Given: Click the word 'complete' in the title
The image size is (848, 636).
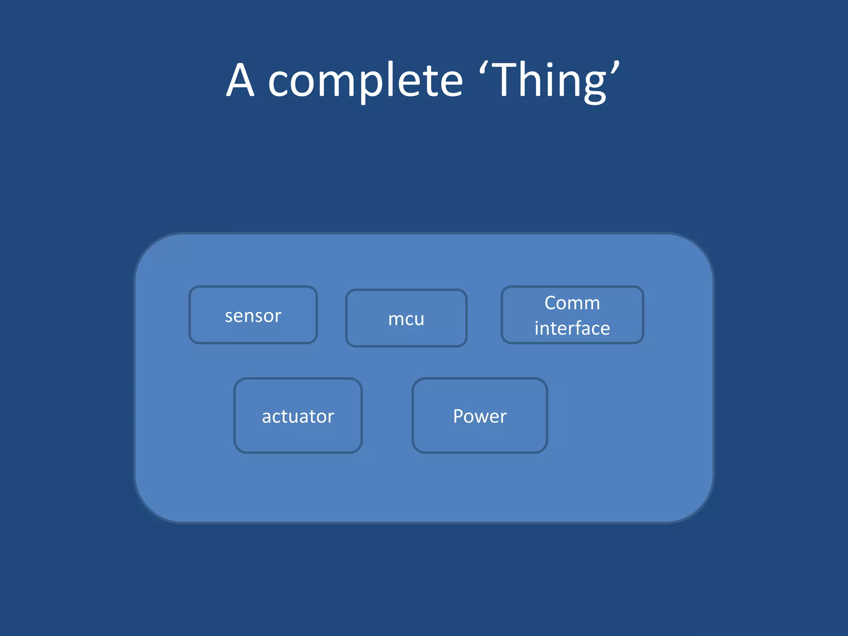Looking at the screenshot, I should pyautogui.click(x=365, y=81).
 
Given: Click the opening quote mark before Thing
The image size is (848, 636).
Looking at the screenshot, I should pyautogui.click(x=483, y=69).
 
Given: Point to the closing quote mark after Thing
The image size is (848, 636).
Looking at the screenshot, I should pyautogui.click(x=615, y=69).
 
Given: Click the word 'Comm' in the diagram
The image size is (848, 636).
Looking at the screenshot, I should pyautogui.click(x=572, y=303).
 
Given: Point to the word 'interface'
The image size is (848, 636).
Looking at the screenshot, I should pyautogui.click(x=572, y=328).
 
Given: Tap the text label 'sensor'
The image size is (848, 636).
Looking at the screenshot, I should pyautogui.click(x=253, y=316).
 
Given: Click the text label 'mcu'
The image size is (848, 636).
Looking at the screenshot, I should pyautogui.click(x=406, y=319).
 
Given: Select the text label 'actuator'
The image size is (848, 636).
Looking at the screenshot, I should pyautogui.click(x=298, y=416).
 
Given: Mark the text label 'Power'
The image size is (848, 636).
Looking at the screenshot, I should pyautogui.click(x=479, y=416).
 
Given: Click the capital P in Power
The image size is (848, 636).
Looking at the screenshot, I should pyautogui.click(x=458, y=416).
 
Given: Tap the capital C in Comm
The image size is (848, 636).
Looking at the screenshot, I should pyautogui.click(x=551, y=303).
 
